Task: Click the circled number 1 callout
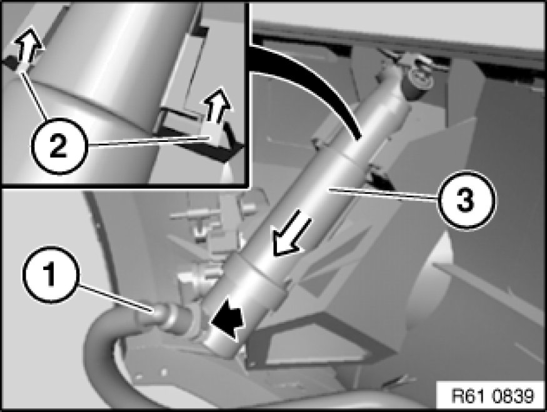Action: point(51,275)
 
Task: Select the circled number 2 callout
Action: point(58,146)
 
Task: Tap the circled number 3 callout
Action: point(466,200)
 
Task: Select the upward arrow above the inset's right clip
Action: point(217,106)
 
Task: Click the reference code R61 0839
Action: point(493,396)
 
